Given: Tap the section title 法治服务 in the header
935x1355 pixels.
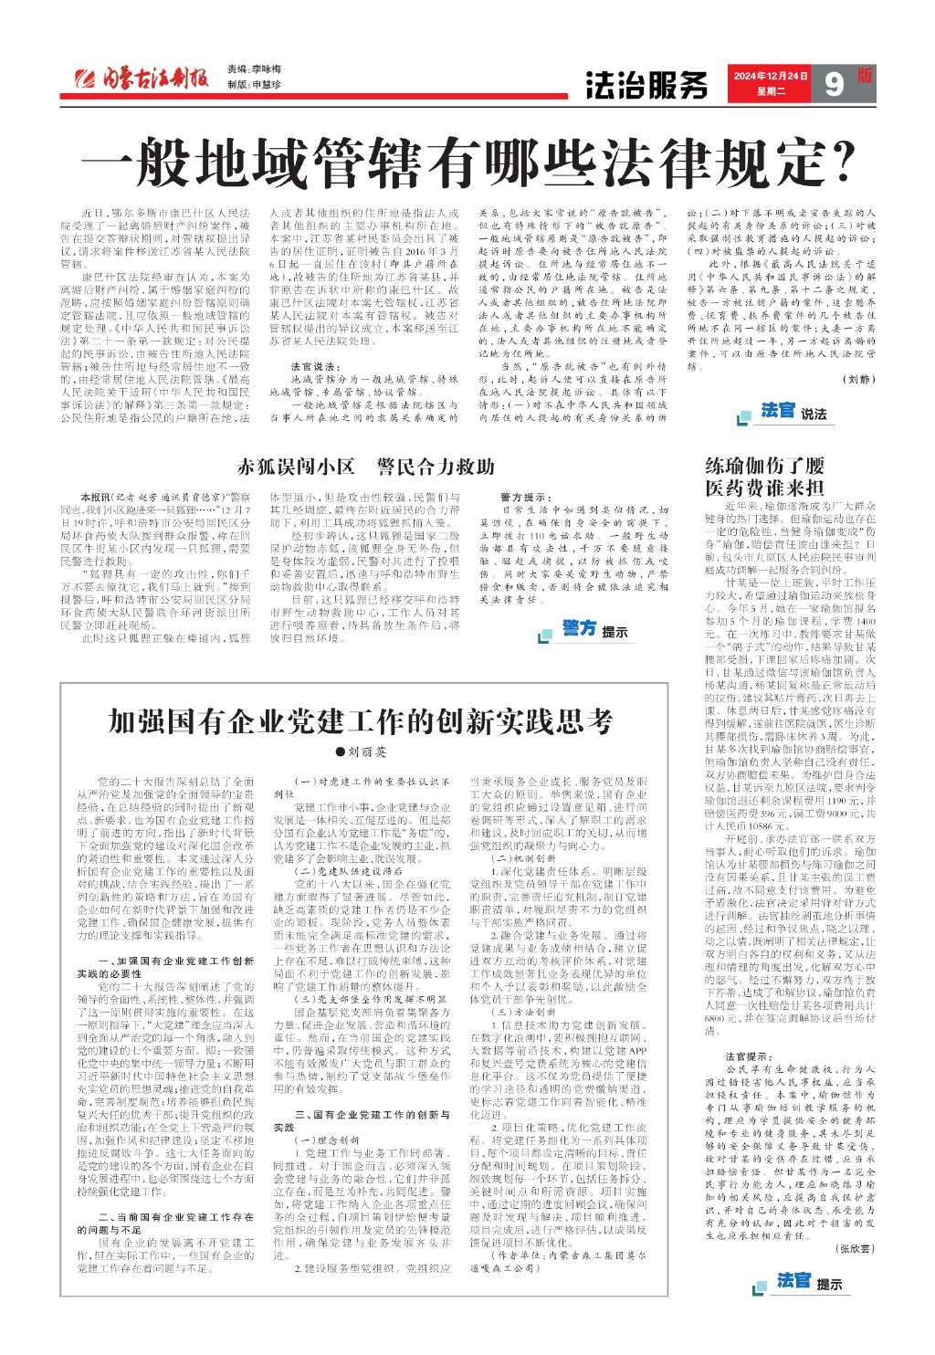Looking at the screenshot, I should pos(646,85).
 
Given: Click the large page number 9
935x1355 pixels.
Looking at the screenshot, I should pos(833,84).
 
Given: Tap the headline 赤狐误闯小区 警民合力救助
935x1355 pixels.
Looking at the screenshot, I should pos(365,467).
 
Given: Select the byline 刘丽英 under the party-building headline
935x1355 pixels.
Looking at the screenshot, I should pos(362,752).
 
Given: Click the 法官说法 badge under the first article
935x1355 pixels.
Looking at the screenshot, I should pos(793,412).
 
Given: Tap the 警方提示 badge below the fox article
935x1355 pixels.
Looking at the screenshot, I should pos(594,629).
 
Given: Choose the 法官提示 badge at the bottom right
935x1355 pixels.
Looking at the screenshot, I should pos(809,1281).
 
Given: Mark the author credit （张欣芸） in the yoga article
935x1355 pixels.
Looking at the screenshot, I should pos(854,1246).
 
